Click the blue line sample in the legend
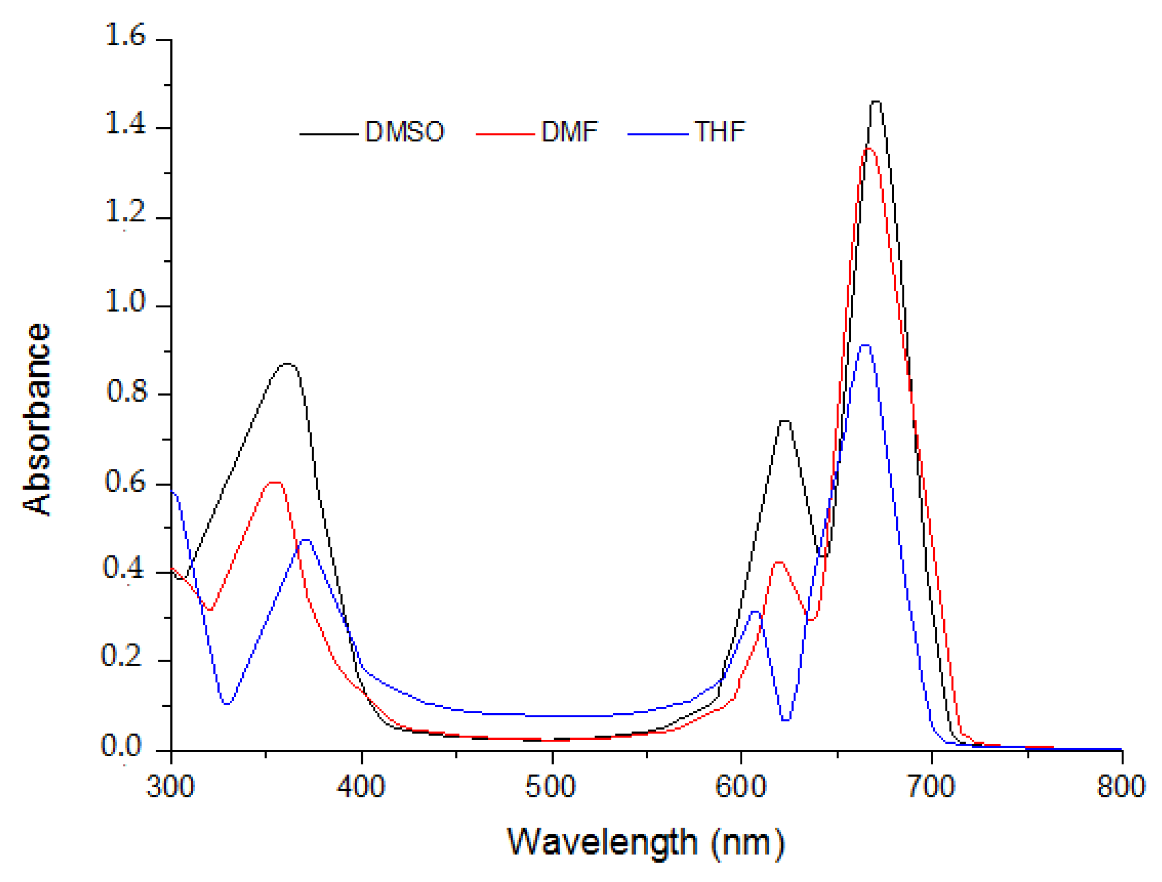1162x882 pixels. pyautogui.click(x=658, y=134)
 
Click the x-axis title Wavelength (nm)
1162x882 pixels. pyautogui.click(x=646, y=843)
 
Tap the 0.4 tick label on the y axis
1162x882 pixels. pyautogui.click(x=124, y=568)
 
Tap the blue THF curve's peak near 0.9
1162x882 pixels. pyautogui.click(x=865, y=345)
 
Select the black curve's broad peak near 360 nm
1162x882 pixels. pyautogui.click(x=287, y=363)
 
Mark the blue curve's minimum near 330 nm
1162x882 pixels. pyautogui.click(x=227, y=704)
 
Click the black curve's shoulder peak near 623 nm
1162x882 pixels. pyautogui.click(x=785, y=421)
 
